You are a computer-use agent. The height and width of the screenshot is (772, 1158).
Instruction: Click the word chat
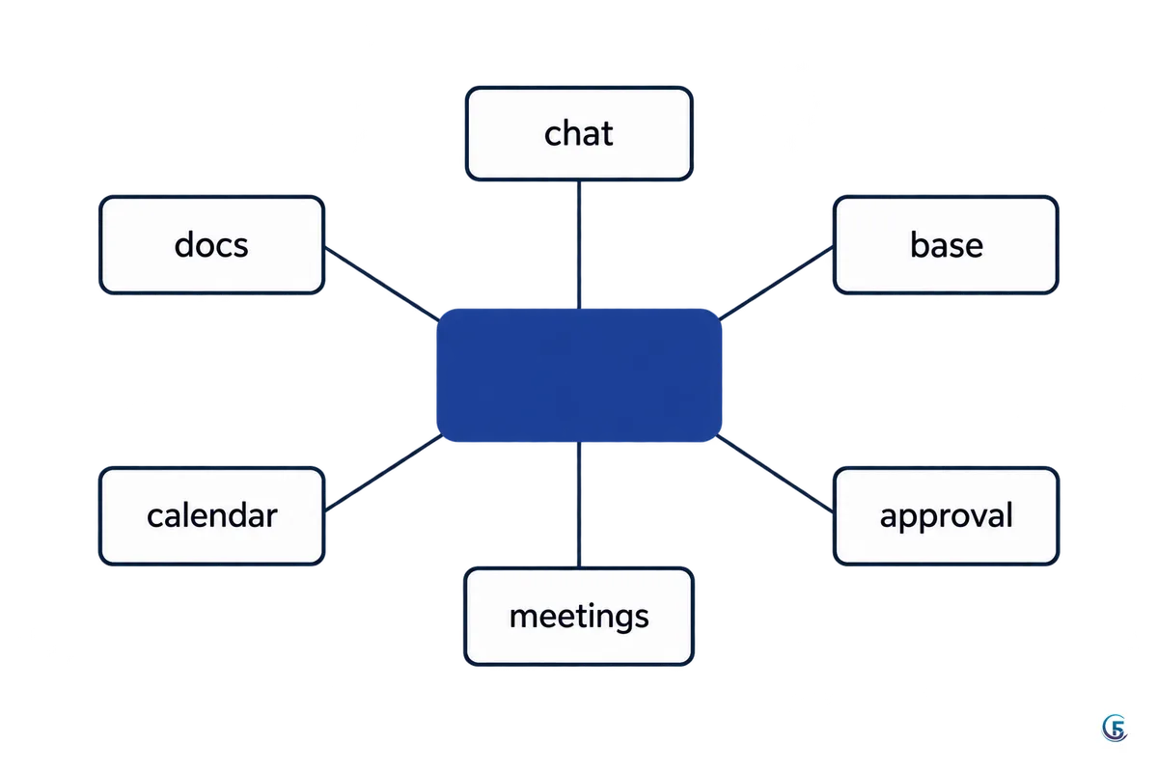pyautogui.click(x=578, y=133)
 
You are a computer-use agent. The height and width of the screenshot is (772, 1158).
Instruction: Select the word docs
pyautogui.click(x=211, y=244)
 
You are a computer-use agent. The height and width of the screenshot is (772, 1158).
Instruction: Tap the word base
pyautogui.click(x=946, y=244)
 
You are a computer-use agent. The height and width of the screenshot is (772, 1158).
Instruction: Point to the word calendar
pyautogui.click(x=212, y=515)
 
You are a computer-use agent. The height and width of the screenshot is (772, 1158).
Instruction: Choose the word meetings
pyautogui.click(x=579, y=618)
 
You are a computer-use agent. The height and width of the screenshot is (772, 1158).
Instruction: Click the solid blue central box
pyautogui.click(x=579, y=375)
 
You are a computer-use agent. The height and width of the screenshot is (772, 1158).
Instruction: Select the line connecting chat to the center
pyautogui.click(x=579, y=244)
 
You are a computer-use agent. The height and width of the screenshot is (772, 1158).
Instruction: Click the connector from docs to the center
pyautogui.click(x=382, y=284)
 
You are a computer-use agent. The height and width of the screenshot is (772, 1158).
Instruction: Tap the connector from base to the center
pyautogui.click(x=777, y=283)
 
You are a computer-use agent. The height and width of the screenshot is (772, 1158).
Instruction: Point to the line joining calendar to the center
pyautogui.click(x=383, y=473)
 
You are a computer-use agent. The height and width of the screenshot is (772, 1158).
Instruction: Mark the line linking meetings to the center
pyautogui.click(x=579, y=506)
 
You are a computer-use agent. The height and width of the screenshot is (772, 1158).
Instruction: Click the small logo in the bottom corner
pyautogui.click(x=1115, y=728)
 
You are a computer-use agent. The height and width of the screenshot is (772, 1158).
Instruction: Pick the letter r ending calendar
pyautogui.click(x=272, y=517)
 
